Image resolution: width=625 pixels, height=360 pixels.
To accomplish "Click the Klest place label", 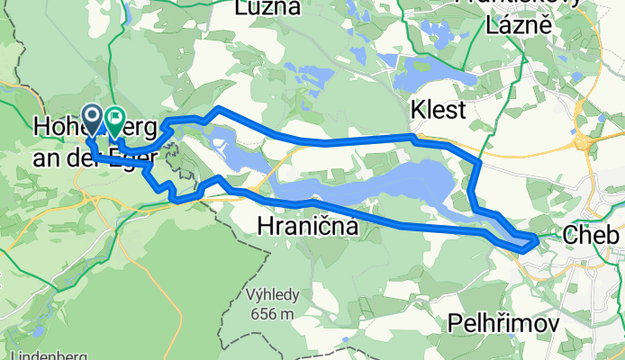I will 438,111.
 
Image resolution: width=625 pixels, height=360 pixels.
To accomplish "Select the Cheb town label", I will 592,235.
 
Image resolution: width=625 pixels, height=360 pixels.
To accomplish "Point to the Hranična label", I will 307,227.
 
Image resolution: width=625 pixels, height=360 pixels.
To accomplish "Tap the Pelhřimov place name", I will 503,322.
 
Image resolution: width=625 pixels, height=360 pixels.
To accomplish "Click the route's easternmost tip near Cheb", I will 538,239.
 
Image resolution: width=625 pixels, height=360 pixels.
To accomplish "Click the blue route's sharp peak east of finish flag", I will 216,110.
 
